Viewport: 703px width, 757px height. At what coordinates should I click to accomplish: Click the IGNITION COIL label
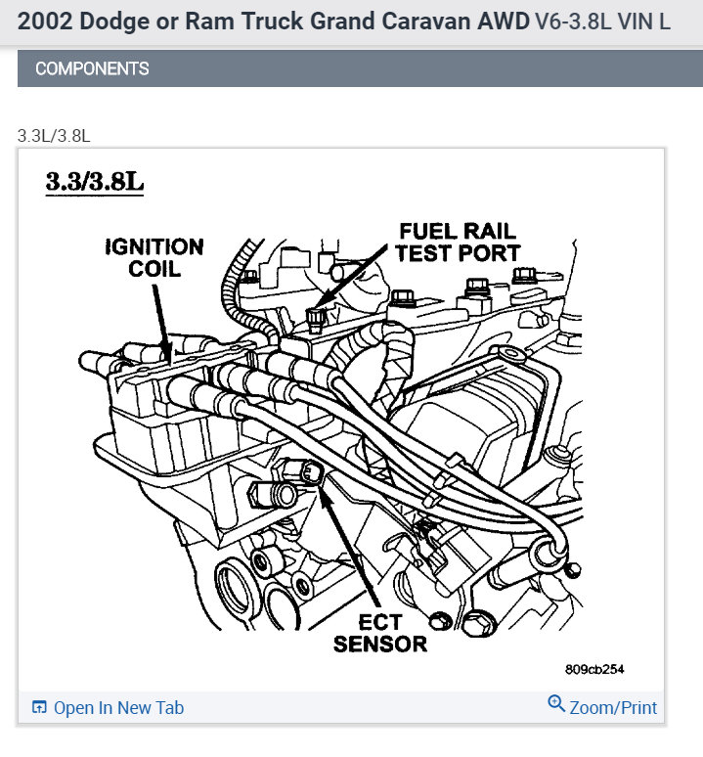point(154,258)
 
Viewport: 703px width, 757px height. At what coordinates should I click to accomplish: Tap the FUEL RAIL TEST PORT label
point(458,243)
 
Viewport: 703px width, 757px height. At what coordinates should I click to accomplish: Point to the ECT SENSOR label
point(380,634)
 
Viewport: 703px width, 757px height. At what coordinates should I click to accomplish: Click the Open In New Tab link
point(118,708)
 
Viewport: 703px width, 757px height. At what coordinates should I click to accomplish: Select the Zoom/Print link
point(613,708)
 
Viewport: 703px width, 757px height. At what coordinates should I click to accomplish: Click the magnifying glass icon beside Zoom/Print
point(556,703)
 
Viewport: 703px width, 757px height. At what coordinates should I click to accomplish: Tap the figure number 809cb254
point(594,669)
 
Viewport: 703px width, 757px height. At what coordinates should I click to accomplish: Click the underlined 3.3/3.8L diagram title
point(95,182)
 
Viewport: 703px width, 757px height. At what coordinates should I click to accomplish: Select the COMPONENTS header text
point(92,68)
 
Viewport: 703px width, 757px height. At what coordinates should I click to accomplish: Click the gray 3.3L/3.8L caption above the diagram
point(54,136)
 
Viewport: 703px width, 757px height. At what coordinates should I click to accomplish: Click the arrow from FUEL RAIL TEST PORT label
point(351,277)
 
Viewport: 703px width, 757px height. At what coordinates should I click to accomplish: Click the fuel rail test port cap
point(316,319)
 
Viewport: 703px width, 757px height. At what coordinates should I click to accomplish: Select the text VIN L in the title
point(643,22)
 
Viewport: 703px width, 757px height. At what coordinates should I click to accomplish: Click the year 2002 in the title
point(45,22)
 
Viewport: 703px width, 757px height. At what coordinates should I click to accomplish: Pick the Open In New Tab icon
point(39,707)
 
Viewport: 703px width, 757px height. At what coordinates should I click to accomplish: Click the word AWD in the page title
point(504,22)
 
